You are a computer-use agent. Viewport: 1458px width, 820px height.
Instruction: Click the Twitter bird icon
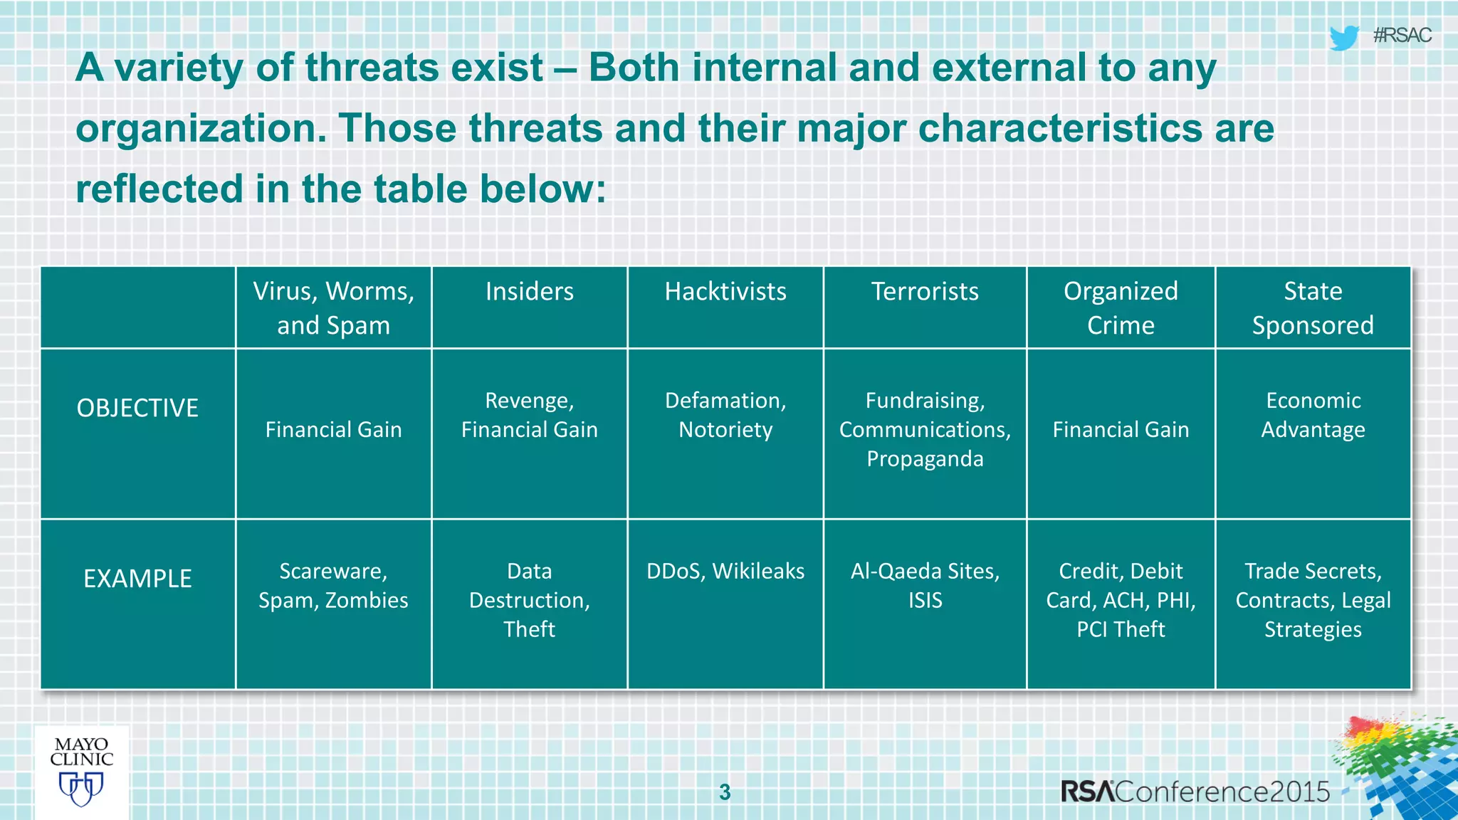point(1343,37)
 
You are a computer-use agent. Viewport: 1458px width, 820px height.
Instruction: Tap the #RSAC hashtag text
point(1402,36)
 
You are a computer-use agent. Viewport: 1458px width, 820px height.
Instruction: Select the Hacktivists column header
point(725,292)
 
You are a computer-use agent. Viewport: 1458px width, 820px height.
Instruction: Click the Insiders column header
point(529,292)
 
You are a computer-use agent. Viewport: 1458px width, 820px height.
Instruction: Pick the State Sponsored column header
point(1313,308)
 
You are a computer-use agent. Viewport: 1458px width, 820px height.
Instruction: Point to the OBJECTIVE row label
point(137,408)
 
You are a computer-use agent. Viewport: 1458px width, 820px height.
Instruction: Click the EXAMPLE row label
point(137,579)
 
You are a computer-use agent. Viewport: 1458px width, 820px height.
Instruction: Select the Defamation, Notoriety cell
point(725,415)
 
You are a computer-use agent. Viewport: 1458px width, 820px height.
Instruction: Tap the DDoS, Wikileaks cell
point(725,572)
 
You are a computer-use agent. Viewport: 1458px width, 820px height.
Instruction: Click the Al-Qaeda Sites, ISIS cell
point(925,586)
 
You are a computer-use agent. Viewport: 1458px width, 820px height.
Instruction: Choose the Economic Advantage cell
point(1313,415)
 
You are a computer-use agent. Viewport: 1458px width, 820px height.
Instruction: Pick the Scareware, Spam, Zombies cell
point(333,586)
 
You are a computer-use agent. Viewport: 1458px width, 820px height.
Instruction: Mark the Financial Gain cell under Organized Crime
point(1121,430)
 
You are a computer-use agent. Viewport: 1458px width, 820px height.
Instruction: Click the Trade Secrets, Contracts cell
point(1313,600)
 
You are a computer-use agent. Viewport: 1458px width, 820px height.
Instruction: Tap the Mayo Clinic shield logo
point(81,788)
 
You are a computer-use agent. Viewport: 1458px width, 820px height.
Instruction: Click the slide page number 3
point(725,792)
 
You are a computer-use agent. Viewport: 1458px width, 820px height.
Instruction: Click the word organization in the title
point(196,130)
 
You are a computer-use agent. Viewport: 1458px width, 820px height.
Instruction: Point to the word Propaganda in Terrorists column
point(925,459)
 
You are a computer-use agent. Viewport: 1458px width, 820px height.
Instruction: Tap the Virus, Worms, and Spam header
point(333,308)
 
